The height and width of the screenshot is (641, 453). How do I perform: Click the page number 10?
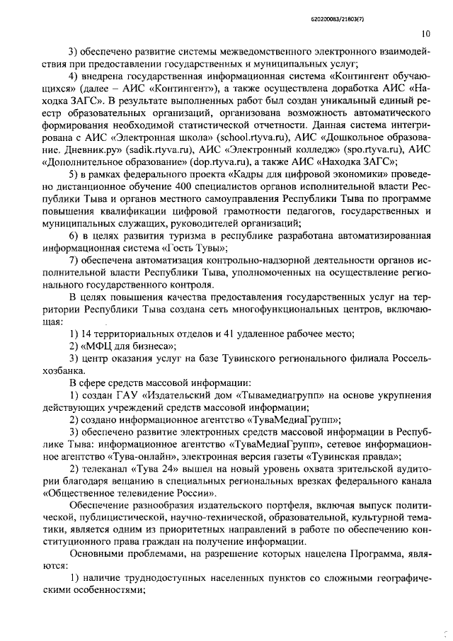coord(425,33)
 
